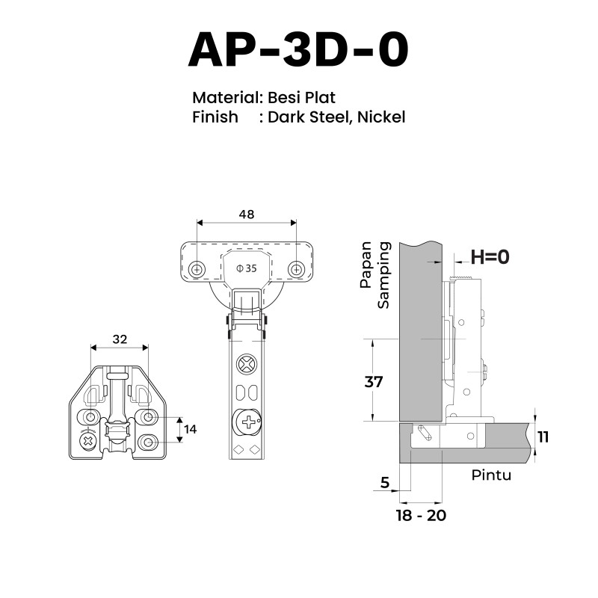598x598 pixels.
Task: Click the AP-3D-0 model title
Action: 298,50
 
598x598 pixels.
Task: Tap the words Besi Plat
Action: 301,98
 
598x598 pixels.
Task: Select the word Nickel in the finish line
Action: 381,117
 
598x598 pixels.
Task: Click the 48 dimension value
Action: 247,215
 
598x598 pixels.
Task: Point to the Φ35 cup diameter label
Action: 247,268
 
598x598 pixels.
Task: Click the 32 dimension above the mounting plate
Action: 120,339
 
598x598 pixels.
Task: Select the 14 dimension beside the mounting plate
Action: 191,429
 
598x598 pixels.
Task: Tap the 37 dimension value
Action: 373,382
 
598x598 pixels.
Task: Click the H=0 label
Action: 490,257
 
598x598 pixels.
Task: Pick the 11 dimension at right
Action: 543,437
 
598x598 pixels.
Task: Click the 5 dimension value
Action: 385,483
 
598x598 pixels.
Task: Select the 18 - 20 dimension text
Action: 421,516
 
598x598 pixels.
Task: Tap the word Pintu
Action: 491,475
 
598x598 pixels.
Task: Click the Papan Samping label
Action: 375,274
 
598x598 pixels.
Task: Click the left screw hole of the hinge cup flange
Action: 197,270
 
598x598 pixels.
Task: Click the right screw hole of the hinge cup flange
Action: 296,270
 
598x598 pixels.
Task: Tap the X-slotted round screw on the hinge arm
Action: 247,364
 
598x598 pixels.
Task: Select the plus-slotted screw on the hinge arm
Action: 248,422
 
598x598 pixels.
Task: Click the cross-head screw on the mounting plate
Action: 88,442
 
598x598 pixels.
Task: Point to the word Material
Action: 226,98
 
